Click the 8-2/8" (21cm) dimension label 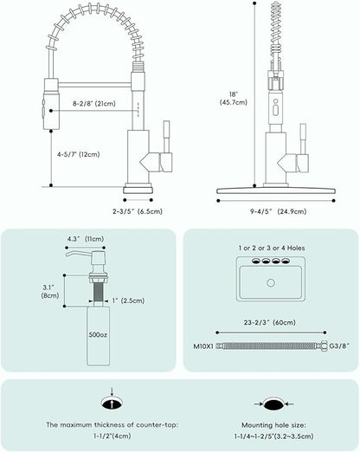94,103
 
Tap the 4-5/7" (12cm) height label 79,154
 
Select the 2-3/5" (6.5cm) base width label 138,211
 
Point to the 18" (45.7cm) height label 234,98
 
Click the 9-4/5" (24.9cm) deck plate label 278,211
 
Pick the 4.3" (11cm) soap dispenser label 86,239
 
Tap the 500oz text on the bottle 98,335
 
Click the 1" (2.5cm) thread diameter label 128,300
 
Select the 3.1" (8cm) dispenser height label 50,292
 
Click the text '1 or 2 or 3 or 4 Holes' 272,248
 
